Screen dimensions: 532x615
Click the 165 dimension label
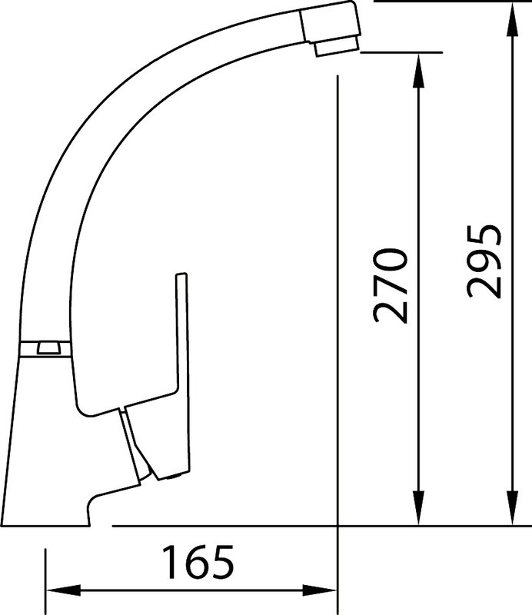click(198, 562)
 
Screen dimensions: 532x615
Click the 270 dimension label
click(391, 285)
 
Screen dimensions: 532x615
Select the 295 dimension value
click(484, 261)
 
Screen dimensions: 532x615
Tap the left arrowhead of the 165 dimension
click(64, 590)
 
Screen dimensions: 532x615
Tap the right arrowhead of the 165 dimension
click(319, 590)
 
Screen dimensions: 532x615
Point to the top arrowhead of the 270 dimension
click(419, 71)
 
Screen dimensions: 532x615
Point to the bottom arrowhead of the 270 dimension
click(419, 507)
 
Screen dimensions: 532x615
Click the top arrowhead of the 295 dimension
click(512, 20)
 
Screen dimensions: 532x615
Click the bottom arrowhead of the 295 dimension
click(512, 507)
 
